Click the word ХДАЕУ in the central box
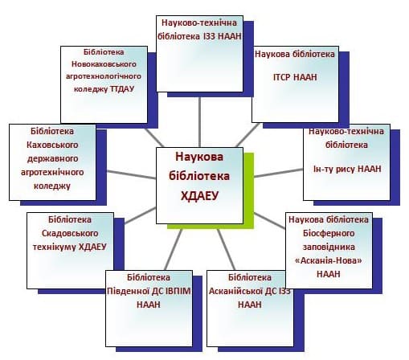pos(199,196)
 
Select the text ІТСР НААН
pos(295,77)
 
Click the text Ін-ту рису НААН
pos(347,169)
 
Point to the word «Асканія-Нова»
pos(329,260)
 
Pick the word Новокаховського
pos(104,64)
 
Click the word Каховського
pos(52,145)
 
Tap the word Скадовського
pos(70,233)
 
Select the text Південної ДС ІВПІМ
pos(149,291)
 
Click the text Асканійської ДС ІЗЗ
pos(250,291)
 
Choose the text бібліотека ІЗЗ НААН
pos(199,36)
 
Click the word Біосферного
pos(329,233)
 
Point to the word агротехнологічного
pos(104,76)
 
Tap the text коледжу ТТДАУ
pos(104,88)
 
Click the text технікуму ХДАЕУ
pos(70,247)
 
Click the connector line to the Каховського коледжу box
pos(131,174)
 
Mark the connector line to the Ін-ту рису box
pos(278,173)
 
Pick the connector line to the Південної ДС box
pos(174,250)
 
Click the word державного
pos(52,158)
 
